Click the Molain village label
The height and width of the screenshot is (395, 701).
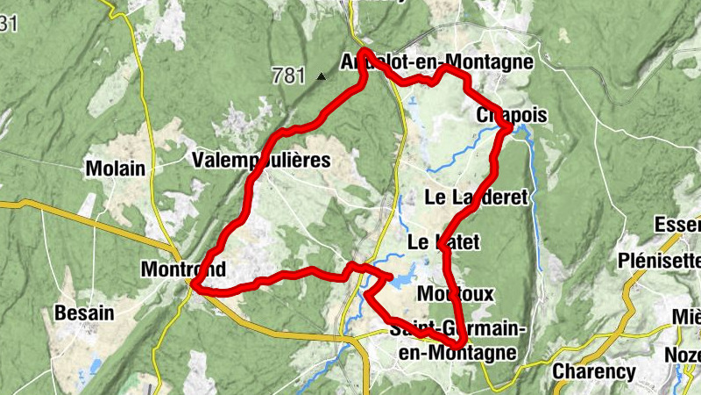[115, 168]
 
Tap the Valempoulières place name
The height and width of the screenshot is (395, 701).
[260, 160]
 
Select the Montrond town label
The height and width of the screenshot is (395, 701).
[182, 269]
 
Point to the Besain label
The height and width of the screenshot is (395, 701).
[84, 312]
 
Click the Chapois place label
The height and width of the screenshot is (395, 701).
[512, 116]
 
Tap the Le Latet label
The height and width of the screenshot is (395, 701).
[444, 241]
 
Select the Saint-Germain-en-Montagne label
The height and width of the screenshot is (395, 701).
[457, 341]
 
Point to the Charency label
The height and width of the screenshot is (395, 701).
[594, 371]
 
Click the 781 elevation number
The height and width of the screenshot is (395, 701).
[288, 75]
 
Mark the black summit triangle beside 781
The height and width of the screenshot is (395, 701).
[321, 76]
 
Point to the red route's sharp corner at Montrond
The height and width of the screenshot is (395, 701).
[195, 285]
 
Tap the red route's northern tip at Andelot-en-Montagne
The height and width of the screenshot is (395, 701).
[364, 52]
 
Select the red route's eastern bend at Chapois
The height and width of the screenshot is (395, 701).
[509, 130]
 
